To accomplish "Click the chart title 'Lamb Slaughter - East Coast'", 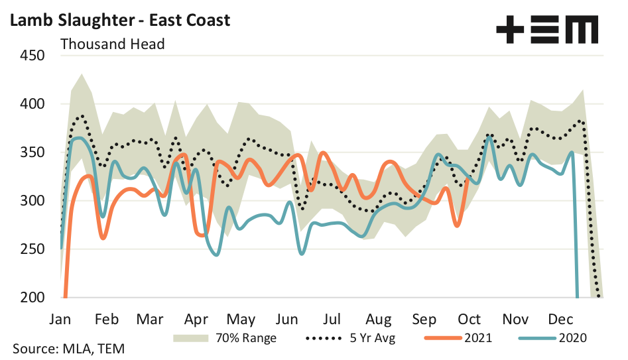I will click(120, 20).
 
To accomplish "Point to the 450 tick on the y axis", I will click(31, 56).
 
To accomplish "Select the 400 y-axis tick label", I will click(31, 104).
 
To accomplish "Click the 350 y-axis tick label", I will click(31, 152).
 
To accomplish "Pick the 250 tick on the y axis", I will click(31, 249).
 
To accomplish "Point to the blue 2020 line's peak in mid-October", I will click(489, 137).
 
